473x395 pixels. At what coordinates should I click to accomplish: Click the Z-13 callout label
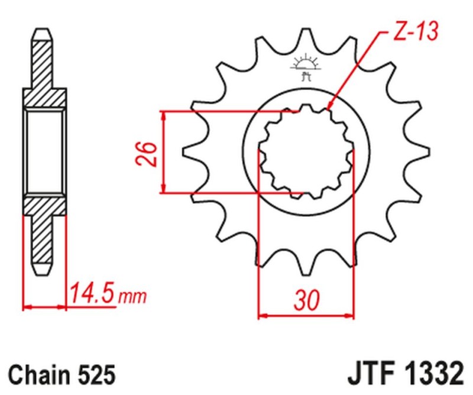click(414, 33)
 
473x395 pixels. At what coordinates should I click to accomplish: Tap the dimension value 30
click(306, 300)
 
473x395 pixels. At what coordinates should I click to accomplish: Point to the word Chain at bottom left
click(40, 375)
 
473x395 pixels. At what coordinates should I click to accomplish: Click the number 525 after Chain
click(93, 375)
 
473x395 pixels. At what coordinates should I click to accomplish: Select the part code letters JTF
click(371, 374)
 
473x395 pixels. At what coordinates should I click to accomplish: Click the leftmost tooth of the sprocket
click(189, 152)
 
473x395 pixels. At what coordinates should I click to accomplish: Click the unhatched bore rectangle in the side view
click(44, 151)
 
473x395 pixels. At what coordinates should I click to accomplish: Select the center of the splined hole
click(306, 152)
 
